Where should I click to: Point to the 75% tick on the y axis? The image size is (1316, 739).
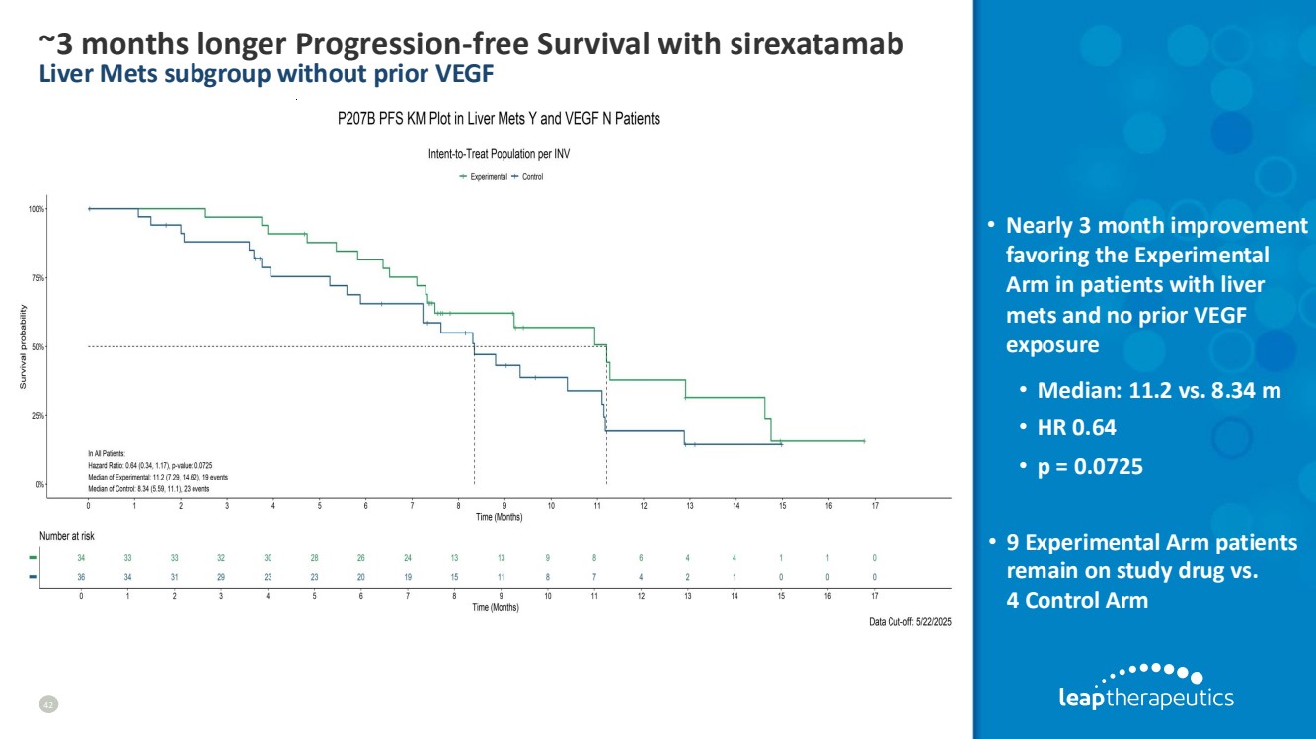[x=39, y=278]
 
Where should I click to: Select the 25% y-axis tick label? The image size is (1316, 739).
[x=39, y=416]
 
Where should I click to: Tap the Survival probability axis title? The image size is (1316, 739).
[x=23, y=346]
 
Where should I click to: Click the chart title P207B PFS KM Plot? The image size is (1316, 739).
[x=499, y=119]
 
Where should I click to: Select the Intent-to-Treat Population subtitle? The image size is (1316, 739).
[x=499, y=154]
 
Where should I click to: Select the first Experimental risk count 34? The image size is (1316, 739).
[x=81, y=558]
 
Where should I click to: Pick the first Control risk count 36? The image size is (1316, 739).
[x=81, y=577]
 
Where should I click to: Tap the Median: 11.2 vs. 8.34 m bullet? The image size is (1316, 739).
[x=1159, y=391]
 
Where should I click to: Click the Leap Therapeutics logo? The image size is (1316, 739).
[x=1145, y=687]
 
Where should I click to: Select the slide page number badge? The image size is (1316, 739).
[x=47, y=703]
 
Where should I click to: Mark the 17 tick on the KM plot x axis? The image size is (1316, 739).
[x=875, y=505]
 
